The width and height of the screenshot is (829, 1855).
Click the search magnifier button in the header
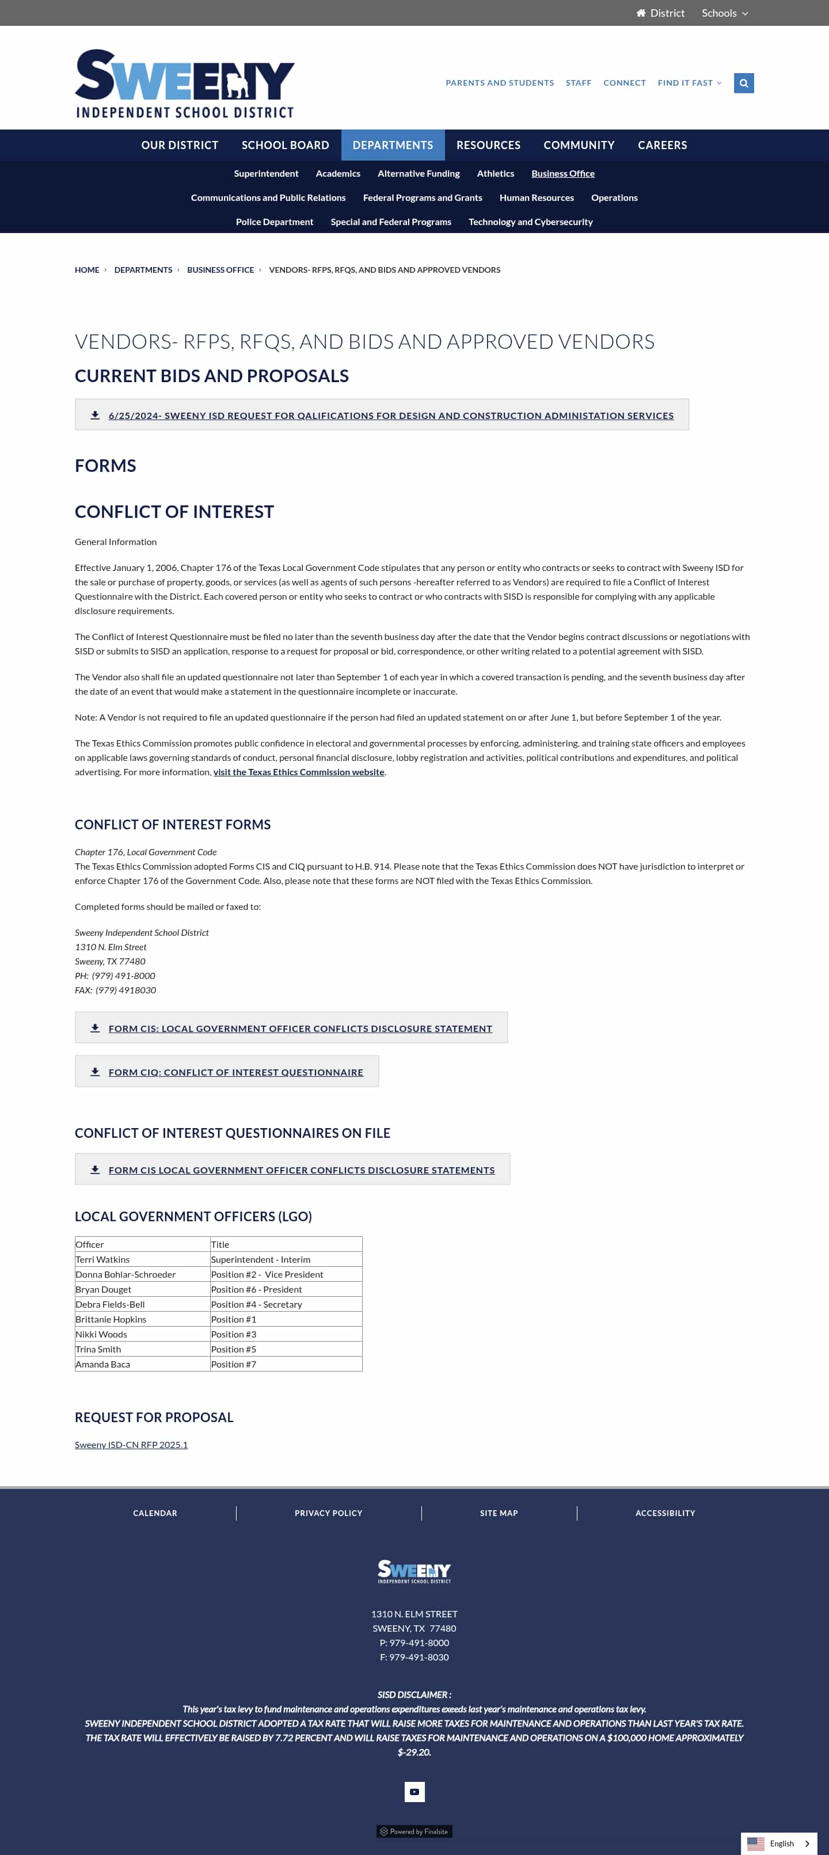[x=743, y=83]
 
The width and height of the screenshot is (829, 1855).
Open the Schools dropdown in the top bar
[x=725, y=13]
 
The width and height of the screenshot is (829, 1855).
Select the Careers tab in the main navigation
[x=662, y=144]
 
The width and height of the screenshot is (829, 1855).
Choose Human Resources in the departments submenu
[x=536, y=197]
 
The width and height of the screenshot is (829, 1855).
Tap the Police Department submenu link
[x=275, y=222]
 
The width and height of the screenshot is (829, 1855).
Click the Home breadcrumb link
[x=87, y=270]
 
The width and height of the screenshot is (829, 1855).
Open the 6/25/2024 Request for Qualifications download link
[x=390, y=416]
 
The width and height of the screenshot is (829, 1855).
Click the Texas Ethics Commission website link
[x=298, y=772]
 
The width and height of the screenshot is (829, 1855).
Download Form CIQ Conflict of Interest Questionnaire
[x=235, y=1072]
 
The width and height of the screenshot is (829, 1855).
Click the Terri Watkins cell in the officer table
[x=103, y=1259]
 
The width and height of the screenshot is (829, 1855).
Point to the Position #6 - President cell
[x=256, y=1289]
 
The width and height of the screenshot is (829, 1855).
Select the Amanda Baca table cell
[x=103, y=1364]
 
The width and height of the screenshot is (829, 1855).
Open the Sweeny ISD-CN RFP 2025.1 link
[x=131, y=1445]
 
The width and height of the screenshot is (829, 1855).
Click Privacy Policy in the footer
[x=328, y=1513]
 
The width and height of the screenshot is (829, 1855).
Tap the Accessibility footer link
[x=665, y=1513]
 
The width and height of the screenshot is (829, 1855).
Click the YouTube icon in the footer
[x=414, y=1792]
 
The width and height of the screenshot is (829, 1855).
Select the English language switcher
[x=778, y=1843]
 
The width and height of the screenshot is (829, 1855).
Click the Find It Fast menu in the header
[x=689, y=83]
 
